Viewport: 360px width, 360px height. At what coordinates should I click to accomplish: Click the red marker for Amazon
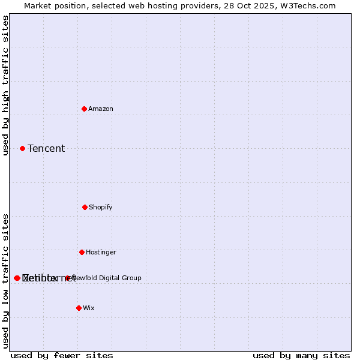[84, 109]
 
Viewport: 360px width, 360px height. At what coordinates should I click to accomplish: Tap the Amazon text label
[101, 109]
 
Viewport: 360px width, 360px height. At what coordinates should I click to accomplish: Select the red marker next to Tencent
[22, 148]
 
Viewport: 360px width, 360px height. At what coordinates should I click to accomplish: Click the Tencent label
[46, 149]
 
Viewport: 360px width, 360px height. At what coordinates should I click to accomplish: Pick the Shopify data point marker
[85, 207]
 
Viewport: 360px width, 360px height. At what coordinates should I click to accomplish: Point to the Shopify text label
[101, 208]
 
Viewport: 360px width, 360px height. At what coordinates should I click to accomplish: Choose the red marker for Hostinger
[82, 252]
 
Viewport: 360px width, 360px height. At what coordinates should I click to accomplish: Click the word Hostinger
[101, 253]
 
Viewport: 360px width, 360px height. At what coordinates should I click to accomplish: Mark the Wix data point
[79, 308]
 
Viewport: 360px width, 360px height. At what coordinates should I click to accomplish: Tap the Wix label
[89, 308]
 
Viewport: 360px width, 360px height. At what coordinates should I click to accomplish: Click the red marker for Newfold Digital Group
[68, 278]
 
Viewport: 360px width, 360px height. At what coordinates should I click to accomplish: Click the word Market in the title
[37, 6]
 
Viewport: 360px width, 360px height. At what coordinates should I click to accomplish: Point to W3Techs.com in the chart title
[309, 6]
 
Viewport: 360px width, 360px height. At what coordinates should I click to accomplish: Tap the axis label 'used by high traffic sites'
[6, 86]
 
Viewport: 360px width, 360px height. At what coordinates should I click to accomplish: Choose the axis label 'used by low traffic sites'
[6, 281]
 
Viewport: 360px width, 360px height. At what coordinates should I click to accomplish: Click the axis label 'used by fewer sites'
[62, 356]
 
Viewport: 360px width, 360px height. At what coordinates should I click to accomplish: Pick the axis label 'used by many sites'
[301, 356]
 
